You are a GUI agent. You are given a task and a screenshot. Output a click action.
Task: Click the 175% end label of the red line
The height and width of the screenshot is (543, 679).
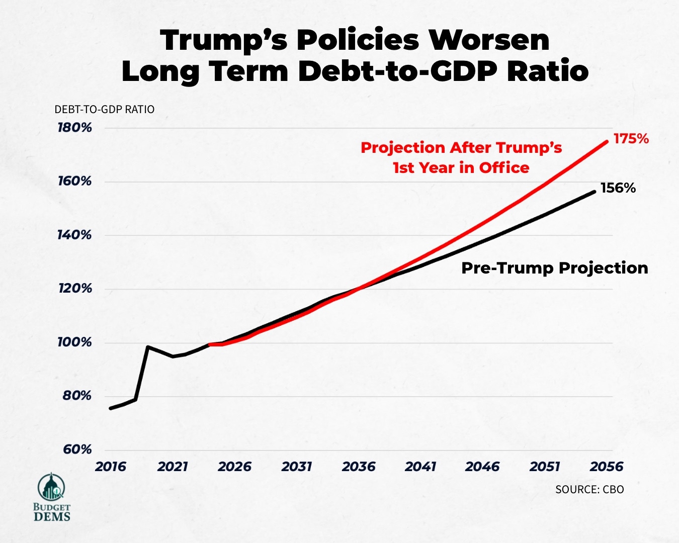(631, 139)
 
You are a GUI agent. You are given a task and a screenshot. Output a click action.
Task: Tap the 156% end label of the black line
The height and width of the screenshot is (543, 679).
(618, 188)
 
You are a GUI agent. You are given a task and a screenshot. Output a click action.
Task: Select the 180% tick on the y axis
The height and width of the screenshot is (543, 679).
(75, 128)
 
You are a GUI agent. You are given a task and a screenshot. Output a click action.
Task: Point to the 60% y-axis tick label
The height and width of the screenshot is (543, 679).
(77, 449)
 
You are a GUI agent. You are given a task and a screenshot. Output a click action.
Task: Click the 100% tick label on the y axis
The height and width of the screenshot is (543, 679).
(75, 342)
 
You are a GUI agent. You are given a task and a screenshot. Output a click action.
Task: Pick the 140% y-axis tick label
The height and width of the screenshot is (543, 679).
(75, 235)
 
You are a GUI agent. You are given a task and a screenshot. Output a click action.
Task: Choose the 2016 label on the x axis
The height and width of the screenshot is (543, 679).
(111, 467)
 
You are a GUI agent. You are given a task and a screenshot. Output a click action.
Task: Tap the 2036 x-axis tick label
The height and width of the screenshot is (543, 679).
(359, 467)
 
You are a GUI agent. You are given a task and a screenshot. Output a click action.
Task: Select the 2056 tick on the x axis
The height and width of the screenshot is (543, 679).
(607, 467)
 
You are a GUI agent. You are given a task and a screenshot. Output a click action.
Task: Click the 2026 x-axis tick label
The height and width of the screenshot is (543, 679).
(234, 467)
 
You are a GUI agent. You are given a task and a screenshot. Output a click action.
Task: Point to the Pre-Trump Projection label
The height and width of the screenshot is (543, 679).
(554, 268)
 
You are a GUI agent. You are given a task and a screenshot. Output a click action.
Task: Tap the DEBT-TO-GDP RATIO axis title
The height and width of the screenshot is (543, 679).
(104, 110)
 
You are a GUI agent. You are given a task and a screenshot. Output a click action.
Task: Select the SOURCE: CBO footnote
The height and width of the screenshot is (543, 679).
(589, 490)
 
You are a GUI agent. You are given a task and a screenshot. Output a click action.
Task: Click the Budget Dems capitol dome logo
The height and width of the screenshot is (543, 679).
(51, 487)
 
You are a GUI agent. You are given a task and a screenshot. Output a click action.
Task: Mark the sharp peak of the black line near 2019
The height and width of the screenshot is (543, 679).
(147, 346)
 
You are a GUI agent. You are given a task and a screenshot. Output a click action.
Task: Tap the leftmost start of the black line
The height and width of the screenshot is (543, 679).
(110, 408)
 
